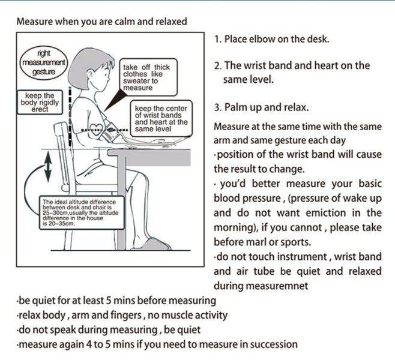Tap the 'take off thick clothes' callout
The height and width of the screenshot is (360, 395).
[x=146, y=77]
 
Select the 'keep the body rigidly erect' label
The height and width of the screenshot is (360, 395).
[x=40, y=102]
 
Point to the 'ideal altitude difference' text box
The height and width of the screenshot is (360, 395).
[x=80, y=213]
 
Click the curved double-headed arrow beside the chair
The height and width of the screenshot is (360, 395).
[x=46, y=169]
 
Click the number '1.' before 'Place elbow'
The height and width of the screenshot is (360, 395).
[x=218, y=40]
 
